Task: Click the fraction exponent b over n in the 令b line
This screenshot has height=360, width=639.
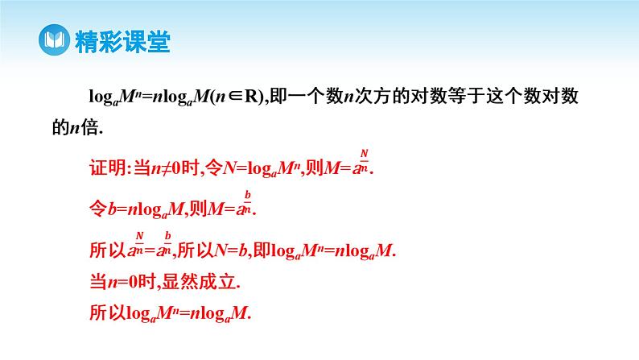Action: click(x=249, y=201)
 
